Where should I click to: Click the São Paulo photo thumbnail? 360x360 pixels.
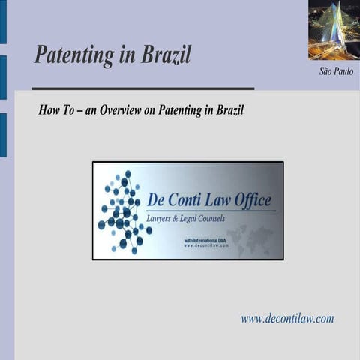(334, 29)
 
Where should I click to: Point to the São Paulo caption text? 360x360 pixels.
(336, 72)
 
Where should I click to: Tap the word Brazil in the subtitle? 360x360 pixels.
(227, 110)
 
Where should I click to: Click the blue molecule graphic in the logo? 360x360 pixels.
(123, 211)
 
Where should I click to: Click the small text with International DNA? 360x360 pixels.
(203, 239)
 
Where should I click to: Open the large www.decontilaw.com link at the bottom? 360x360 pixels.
(287, 318)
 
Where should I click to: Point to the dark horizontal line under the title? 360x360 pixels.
(135, 88)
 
